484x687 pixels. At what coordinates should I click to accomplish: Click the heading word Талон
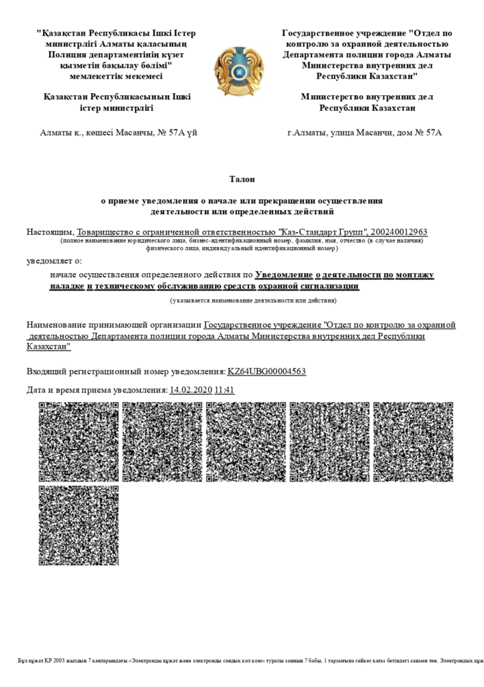242,179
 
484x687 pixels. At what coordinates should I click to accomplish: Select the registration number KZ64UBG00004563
267,371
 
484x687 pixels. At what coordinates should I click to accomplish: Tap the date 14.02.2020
191,390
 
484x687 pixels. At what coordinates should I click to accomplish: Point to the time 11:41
224,390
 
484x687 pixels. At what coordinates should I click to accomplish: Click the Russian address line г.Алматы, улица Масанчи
365,132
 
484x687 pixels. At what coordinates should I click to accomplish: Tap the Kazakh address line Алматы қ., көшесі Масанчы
119,132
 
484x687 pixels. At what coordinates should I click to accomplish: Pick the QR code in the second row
79,526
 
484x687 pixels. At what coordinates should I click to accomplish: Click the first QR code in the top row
79,441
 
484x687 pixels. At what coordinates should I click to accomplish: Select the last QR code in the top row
412,441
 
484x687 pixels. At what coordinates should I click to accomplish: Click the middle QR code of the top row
246,441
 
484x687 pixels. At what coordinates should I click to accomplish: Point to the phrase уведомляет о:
54,260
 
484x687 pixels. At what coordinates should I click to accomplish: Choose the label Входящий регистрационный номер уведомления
126,371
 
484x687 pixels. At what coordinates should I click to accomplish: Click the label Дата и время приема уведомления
97,390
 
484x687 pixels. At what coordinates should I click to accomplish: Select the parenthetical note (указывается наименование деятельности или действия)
253,301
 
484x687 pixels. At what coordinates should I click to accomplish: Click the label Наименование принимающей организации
113,325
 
